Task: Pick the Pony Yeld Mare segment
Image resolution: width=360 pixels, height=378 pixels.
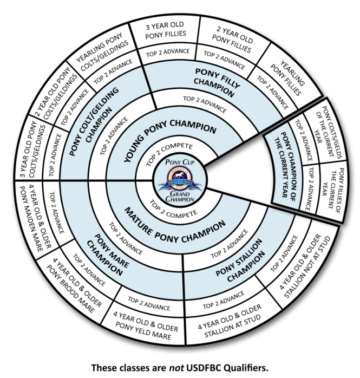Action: click(x=142, y=325)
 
